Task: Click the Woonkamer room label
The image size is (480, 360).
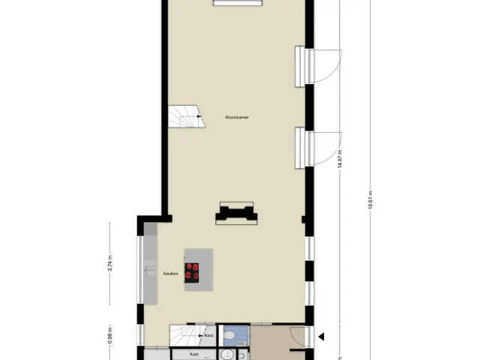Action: (237, 117)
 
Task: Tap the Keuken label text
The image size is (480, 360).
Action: (170, 274)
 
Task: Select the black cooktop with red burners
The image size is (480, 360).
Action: (192, 273)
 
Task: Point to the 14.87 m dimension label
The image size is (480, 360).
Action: (340, 157)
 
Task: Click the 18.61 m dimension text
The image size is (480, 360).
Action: (370, 200)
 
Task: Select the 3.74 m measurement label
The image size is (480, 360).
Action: (110, 263)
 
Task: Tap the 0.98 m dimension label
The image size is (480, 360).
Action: (110, 335)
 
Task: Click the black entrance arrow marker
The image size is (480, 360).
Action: (321, 337)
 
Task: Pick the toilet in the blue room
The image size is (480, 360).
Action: (228, 336)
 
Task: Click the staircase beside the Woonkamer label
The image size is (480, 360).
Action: (186, 116)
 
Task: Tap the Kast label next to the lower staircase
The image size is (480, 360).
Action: (208, 335)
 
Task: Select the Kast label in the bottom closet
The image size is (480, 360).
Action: (194, 354)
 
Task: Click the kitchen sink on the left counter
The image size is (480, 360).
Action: (150, 271)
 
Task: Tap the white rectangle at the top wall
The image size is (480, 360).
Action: (238, 3)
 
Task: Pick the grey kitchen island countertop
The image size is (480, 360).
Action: (199, 270)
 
